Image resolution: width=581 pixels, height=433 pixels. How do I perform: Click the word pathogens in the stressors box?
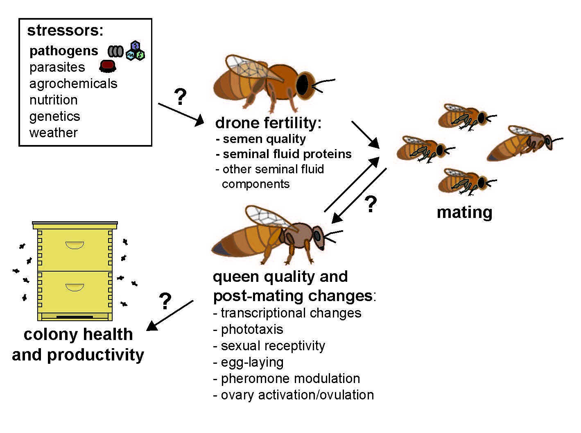click(63, 51)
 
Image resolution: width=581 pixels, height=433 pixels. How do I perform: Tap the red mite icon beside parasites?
click(108, 66)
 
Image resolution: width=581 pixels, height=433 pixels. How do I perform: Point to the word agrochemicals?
click(73, 84)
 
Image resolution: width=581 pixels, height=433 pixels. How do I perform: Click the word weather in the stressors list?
click(54, 133)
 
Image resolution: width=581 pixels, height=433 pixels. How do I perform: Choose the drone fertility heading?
click(268, 123)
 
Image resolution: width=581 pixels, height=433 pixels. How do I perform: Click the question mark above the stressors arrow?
click(180, 97)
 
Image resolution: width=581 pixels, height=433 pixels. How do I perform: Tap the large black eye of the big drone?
click(302, 84)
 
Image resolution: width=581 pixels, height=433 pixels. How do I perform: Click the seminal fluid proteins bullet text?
click(284, 154)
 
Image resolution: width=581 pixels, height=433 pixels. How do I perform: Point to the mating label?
click(464, 212)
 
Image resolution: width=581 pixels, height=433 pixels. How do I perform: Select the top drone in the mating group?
click(467, 117)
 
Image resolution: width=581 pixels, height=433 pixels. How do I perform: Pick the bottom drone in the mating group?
click(467, 182)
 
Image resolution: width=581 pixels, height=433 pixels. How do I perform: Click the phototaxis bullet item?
click(248, 329)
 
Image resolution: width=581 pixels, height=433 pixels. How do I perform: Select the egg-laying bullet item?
click(248, 363)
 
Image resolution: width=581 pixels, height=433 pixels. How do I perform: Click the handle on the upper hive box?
click(75, 245)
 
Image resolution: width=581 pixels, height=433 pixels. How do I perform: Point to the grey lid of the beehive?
click(75, 223)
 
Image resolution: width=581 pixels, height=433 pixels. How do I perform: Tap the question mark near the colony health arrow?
click(165, 301)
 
